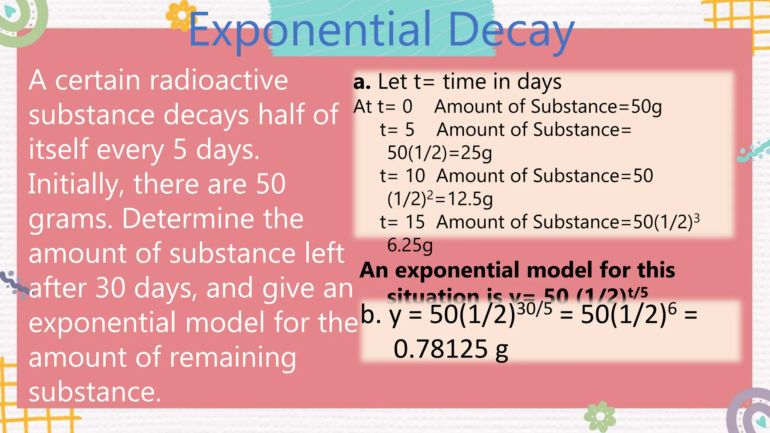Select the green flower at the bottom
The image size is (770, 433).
(x=600, y=416)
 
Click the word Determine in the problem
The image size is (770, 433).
(x=213, y=219)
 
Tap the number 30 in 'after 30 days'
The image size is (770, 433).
(x=111, y=288)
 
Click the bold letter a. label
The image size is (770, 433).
(x=362, y=82)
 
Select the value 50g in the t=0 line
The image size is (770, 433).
(x=646, y=107)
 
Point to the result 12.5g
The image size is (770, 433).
(x=470, y=199)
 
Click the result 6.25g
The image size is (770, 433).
(x=410, y=245)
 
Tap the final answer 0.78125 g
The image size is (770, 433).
(x=450, y=349)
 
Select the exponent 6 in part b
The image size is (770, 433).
(x=672, y=309)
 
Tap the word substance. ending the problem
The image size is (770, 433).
(x=95, y=392)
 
